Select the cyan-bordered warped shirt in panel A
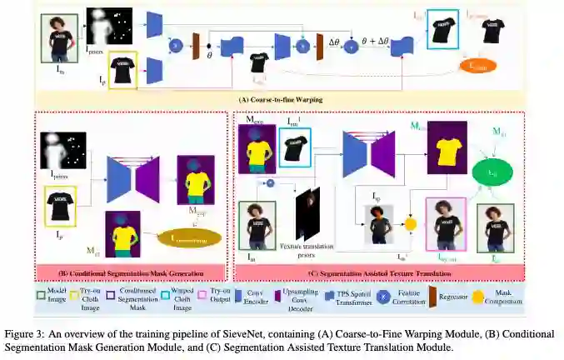pos(442,33)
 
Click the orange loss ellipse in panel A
pos(477,65)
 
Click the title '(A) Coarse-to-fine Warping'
pos(281,100)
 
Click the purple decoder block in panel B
pos(147,180)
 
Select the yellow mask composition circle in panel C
pos(410,224)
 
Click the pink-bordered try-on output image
pos(444,223)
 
